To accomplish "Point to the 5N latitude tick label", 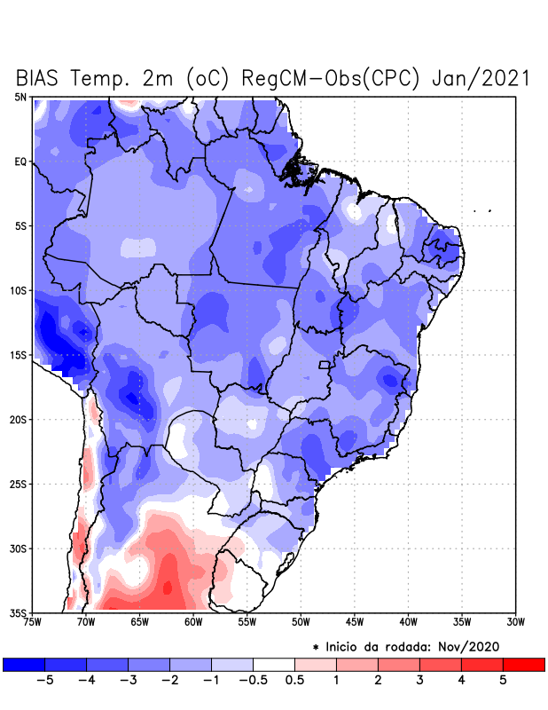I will tap(20, 97).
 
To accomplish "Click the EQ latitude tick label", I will tap(20, 162).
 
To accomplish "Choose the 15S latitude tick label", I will tap(19, 355).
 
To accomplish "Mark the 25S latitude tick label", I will tap(19, 484).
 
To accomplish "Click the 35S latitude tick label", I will tap(19, 612).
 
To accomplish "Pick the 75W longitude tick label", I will tap(33, 621).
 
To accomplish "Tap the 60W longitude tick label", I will tap(193, 621).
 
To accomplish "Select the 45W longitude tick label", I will tap(355, 621).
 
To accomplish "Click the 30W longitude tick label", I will tap(515, 621).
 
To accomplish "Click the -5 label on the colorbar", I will tap(43, 680).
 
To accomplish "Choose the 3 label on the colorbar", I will tap(419, 680).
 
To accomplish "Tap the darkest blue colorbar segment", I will tap(23, 664).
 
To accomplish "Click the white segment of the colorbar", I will tap(273, 664).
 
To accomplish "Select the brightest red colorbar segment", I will tap(523, 664).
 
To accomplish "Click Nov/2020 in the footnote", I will tap(473, 646).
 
